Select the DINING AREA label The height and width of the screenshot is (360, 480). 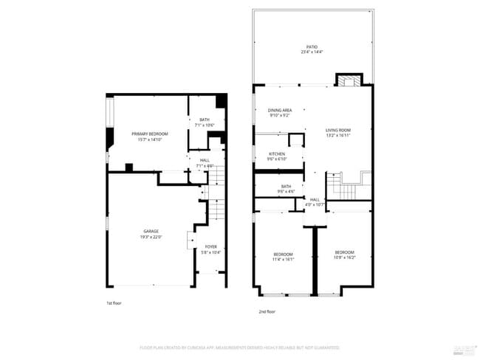(279, 110)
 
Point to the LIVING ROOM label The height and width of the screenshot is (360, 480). (338, 130)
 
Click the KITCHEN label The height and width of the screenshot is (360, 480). (277, 153)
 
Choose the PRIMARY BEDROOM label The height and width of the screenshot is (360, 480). (150, 134)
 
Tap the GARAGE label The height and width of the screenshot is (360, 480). (150, 231)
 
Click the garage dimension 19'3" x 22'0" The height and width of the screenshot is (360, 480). (150, 237)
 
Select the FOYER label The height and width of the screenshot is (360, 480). (210, 246)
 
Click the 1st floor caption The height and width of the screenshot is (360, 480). (114, 302)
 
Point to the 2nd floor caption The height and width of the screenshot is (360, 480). (267, 312)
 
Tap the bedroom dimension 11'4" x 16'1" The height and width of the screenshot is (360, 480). (284, 259)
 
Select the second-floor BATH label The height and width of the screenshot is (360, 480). (286, 186)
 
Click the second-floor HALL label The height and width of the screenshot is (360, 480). (315, 199)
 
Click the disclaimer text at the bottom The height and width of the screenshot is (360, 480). (240, 347)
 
